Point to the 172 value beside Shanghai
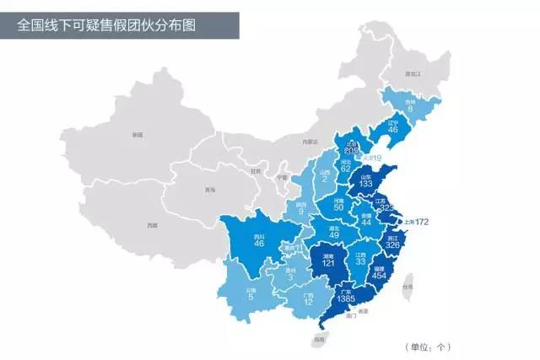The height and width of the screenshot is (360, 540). (x=418, y=223)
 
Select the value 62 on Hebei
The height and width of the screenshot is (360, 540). (x=346, y=168)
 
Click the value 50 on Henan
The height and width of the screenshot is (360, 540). (x=338, y=207)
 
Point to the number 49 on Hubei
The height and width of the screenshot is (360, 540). (x=333, y=234)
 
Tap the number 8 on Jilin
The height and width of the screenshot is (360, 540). (x=410, y=108)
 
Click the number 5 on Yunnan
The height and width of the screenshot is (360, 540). (x=251, y=295)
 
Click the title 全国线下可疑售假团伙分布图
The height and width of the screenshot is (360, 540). (x=106, y=25)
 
